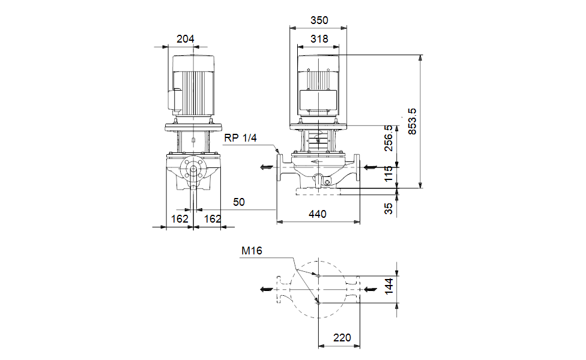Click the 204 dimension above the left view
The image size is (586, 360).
point(185,39)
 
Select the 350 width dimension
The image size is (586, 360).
point(319,20)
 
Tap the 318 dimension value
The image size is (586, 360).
point(319,39)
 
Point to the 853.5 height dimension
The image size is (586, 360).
point(412,121)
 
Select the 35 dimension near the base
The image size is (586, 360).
point(388,208)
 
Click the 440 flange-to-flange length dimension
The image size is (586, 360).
point(318,214)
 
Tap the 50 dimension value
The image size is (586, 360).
point(239,203)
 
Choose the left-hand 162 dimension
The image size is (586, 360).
point(180,219)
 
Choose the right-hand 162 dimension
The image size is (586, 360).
point(213,219)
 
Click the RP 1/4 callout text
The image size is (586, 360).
point(241,138)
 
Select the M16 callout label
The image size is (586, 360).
point(252,251)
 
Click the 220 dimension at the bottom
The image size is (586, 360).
point(342,338)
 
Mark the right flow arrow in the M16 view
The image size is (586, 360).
point(370,289)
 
